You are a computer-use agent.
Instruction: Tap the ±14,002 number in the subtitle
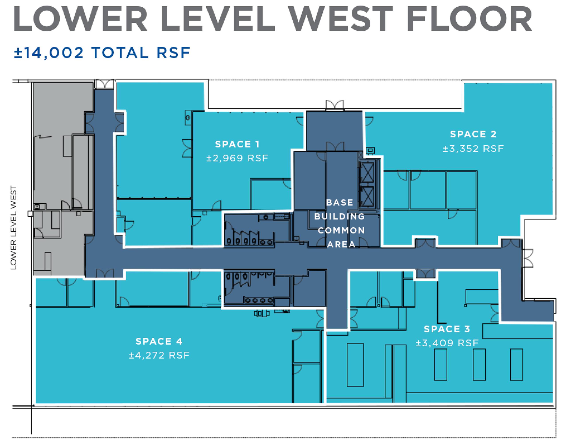coord(49,53)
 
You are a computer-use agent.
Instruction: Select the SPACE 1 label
coord(237,144)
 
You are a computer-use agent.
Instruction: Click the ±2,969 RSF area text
coord(237,158)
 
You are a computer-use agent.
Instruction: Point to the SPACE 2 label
coord(473,134)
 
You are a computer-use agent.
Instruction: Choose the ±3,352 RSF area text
coord(473,149)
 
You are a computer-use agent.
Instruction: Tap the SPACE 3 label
coord(447,329)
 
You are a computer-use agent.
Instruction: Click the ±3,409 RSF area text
coord(447,343)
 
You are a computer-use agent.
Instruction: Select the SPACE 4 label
coord(159,341)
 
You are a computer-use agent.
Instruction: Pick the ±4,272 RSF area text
coord(159,355)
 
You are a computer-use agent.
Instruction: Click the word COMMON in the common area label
coord(341,230)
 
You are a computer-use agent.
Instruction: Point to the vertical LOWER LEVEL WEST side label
coord(13,228)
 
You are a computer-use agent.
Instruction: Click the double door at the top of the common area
coord(334,105)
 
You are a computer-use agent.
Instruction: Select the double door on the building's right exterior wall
coord(527,258)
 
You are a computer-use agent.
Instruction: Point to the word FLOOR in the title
coord(469,19)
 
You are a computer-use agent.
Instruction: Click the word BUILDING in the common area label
coord(340,216)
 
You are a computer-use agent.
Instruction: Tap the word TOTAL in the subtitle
coord(120,53)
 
